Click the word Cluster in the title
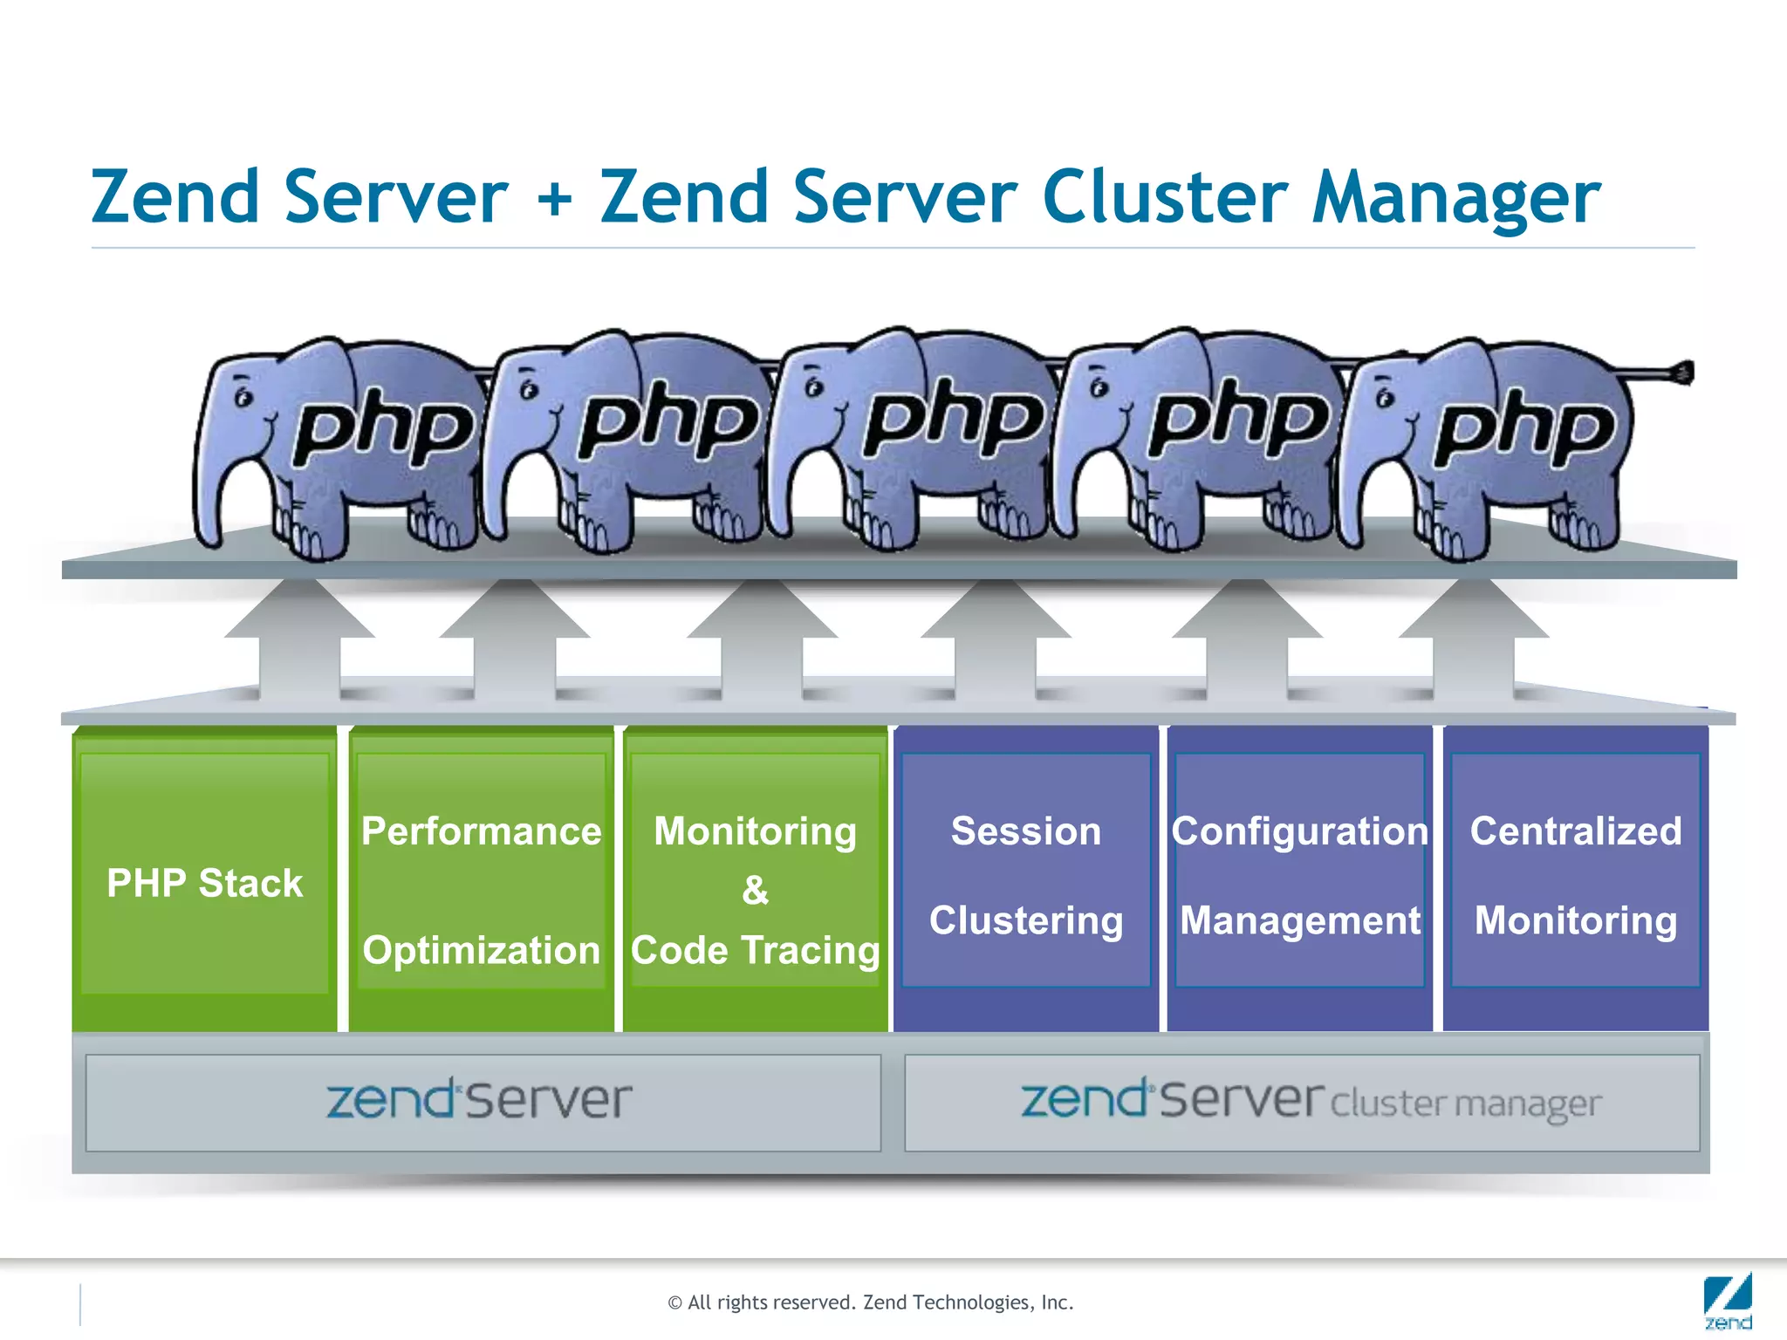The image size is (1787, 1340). (x=1164, y=196)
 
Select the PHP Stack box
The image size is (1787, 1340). (x=204, y=882)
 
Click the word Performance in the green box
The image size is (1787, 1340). (x=481, y=831)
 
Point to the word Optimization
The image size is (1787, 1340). (x=481, y=949)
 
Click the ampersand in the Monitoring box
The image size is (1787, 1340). (x=755, y=891)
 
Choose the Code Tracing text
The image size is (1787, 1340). (x=755, y=949)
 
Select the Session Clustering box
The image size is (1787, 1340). (x=1025, y=874)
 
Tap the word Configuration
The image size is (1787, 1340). (x=1299, y=831)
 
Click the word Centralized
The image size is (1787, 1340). (x=1575, y=831)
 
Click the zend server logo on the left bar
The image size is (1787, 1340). (x=479, y=1100)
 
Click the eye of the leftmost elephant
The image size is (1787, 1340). (x=243, y=397)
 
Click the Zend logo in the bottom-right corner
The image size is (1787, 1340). (x=1727, y=1302)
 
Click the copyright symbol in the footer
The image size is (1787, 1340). (x=674, y=1303)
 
